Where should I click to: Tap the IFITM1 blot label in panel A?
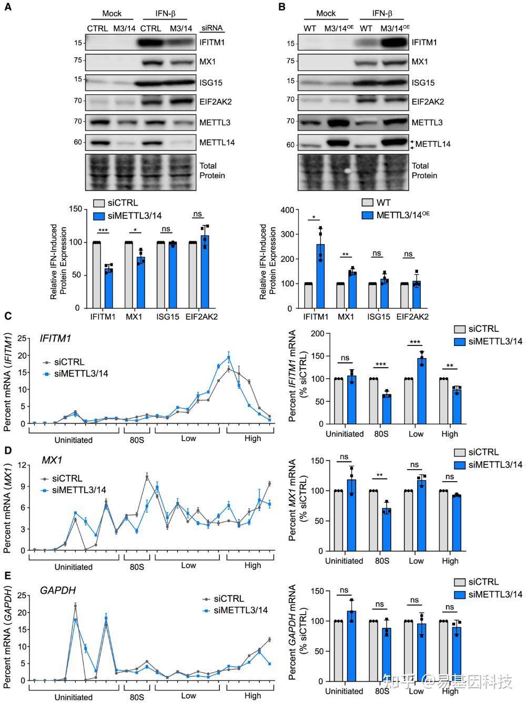click(212, 42)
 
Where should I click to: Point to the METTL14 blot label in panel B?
click(433, 144)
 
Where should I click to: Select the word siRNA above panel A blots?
click(212, 28)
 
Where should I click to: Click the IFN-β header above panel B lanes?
click(382, 13)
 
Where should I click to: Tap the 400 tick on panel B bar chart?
click(288, 210)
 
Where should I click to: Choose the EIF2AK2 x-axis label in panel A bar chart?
click(201, 317)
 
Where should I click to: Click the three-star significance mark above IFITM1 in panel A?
click(103, 230)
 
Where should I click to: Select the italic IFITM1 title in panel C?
click(55, 339)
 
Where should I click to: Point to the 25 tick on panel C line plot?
click(22, 339)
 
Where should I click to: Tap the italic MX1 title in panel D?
click(52, 460)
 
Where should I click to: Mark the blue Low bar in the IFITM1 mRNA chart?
click(422, 391)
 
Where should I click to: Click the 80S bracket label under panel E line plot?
click(137, 697)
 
